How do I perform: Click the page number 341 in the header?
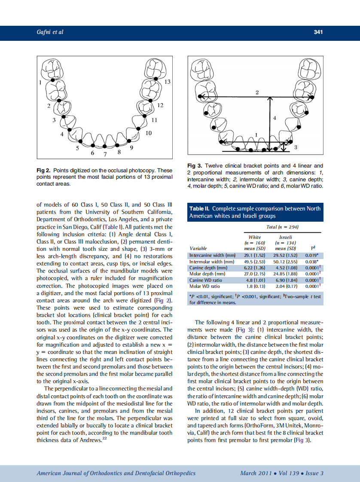(x=318, y=32)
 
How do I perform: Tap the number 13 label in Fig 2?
(x=168, y=82)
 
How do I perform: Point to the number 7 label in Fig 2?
(x=105, y=154)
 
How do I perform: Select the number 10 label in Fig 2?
(x=149, y=133)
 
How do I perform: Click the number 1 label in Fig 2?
(x=40, y=82)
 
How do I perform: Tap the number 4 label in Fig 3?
(x=275, y=118)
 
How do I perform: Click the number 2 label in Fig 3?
(x=257, y=92)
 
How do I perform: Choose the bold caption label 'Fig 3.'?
(x=195, y=166)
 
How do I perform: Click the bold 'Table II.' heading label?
(x=200, y=208)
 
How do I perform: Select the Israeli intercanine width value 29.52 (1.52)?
(x=285, y=255)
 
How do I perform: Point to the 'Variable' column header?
(x=198, y=248)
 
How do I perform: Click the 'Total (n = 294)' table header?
(x=283, y=226)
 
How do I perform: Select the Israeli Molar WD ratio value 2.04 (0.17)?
(x=285, y=286)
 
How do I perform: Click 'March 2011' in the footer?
(x=256, y=473)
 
